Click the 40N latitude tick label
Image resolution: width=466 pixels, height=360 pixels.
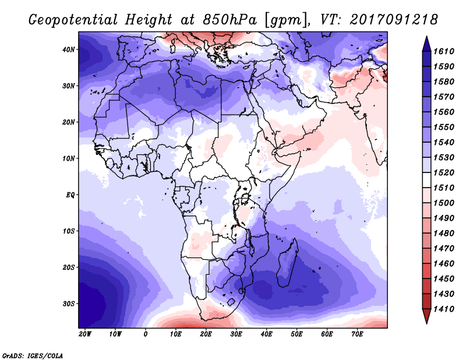68,50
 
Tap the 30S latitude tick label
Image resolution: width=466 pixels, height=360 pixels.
69,304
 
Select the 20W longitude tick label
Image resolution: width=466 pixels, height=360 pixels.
85,334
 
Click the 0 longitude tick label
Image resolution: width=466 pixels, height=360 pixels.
145,334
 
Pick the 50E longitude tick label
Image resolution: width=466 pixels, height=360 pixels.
296,334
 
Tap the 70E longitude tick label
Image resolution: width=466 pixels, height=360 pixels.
357,334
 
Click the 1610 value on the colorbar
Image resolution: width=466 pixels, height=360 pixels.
444,51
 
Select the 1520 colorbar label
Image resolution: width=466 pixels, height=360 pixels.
444,172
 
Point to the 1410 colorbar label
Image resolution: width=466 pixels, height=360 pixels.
444,309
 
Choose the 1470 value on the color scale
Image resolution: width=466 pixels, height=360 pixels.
444,249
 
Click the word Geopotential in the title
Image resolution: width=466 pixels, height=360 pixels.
73,20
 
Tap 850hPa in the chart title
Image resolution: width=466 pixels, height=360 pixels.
230,20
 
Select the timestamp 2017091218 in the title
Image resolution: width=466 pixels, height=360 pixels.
394,20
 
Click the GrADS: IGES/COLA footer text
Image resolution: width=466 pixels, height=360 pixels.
33,356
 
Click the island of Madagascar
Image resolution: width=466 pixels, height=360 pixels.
287,263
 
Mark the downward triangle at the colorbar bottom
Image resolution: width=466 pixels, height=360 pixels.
426,316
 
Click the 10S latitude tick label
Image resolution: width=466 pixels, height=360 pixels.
69,231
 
